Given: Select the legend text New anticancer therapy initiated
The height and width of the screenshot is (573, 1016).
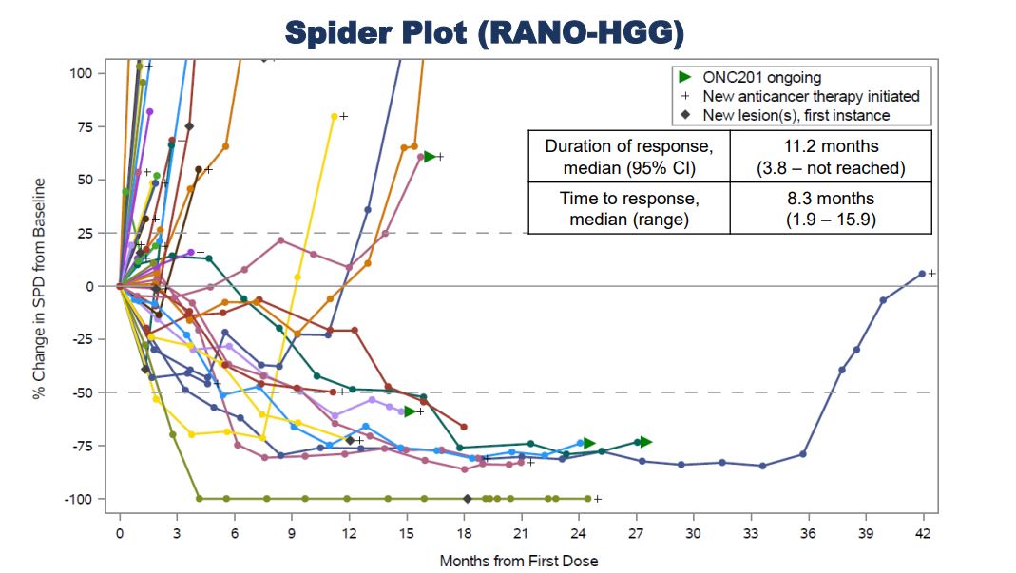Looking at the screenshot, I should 811,96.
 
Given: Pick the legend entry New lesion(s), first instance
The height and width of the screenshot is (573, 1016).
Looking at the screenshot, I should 796,115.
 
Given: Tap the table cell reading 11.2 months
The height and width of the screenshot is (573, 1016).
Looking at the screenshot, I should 830,146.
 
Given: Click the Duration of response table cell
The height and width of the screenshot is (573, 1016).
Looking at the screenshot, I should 628,158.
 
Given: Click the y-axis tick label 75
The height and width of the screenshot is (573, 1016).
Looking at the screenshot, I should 86,126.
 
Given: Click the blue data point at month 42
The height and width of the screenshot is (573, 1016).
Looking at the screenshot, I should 922,274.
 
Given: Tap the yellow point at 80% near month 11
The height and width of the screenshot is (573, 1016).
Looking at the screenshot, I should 334,116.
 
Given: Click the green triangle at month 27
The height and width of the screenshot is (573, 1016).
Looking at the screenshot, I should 645,442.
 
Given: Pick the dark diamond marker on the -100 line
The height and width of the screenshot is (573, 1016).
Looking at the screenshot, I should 467,499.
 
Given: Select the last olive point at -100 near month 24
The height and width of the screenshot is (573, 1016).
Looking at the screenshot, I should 587,499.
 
